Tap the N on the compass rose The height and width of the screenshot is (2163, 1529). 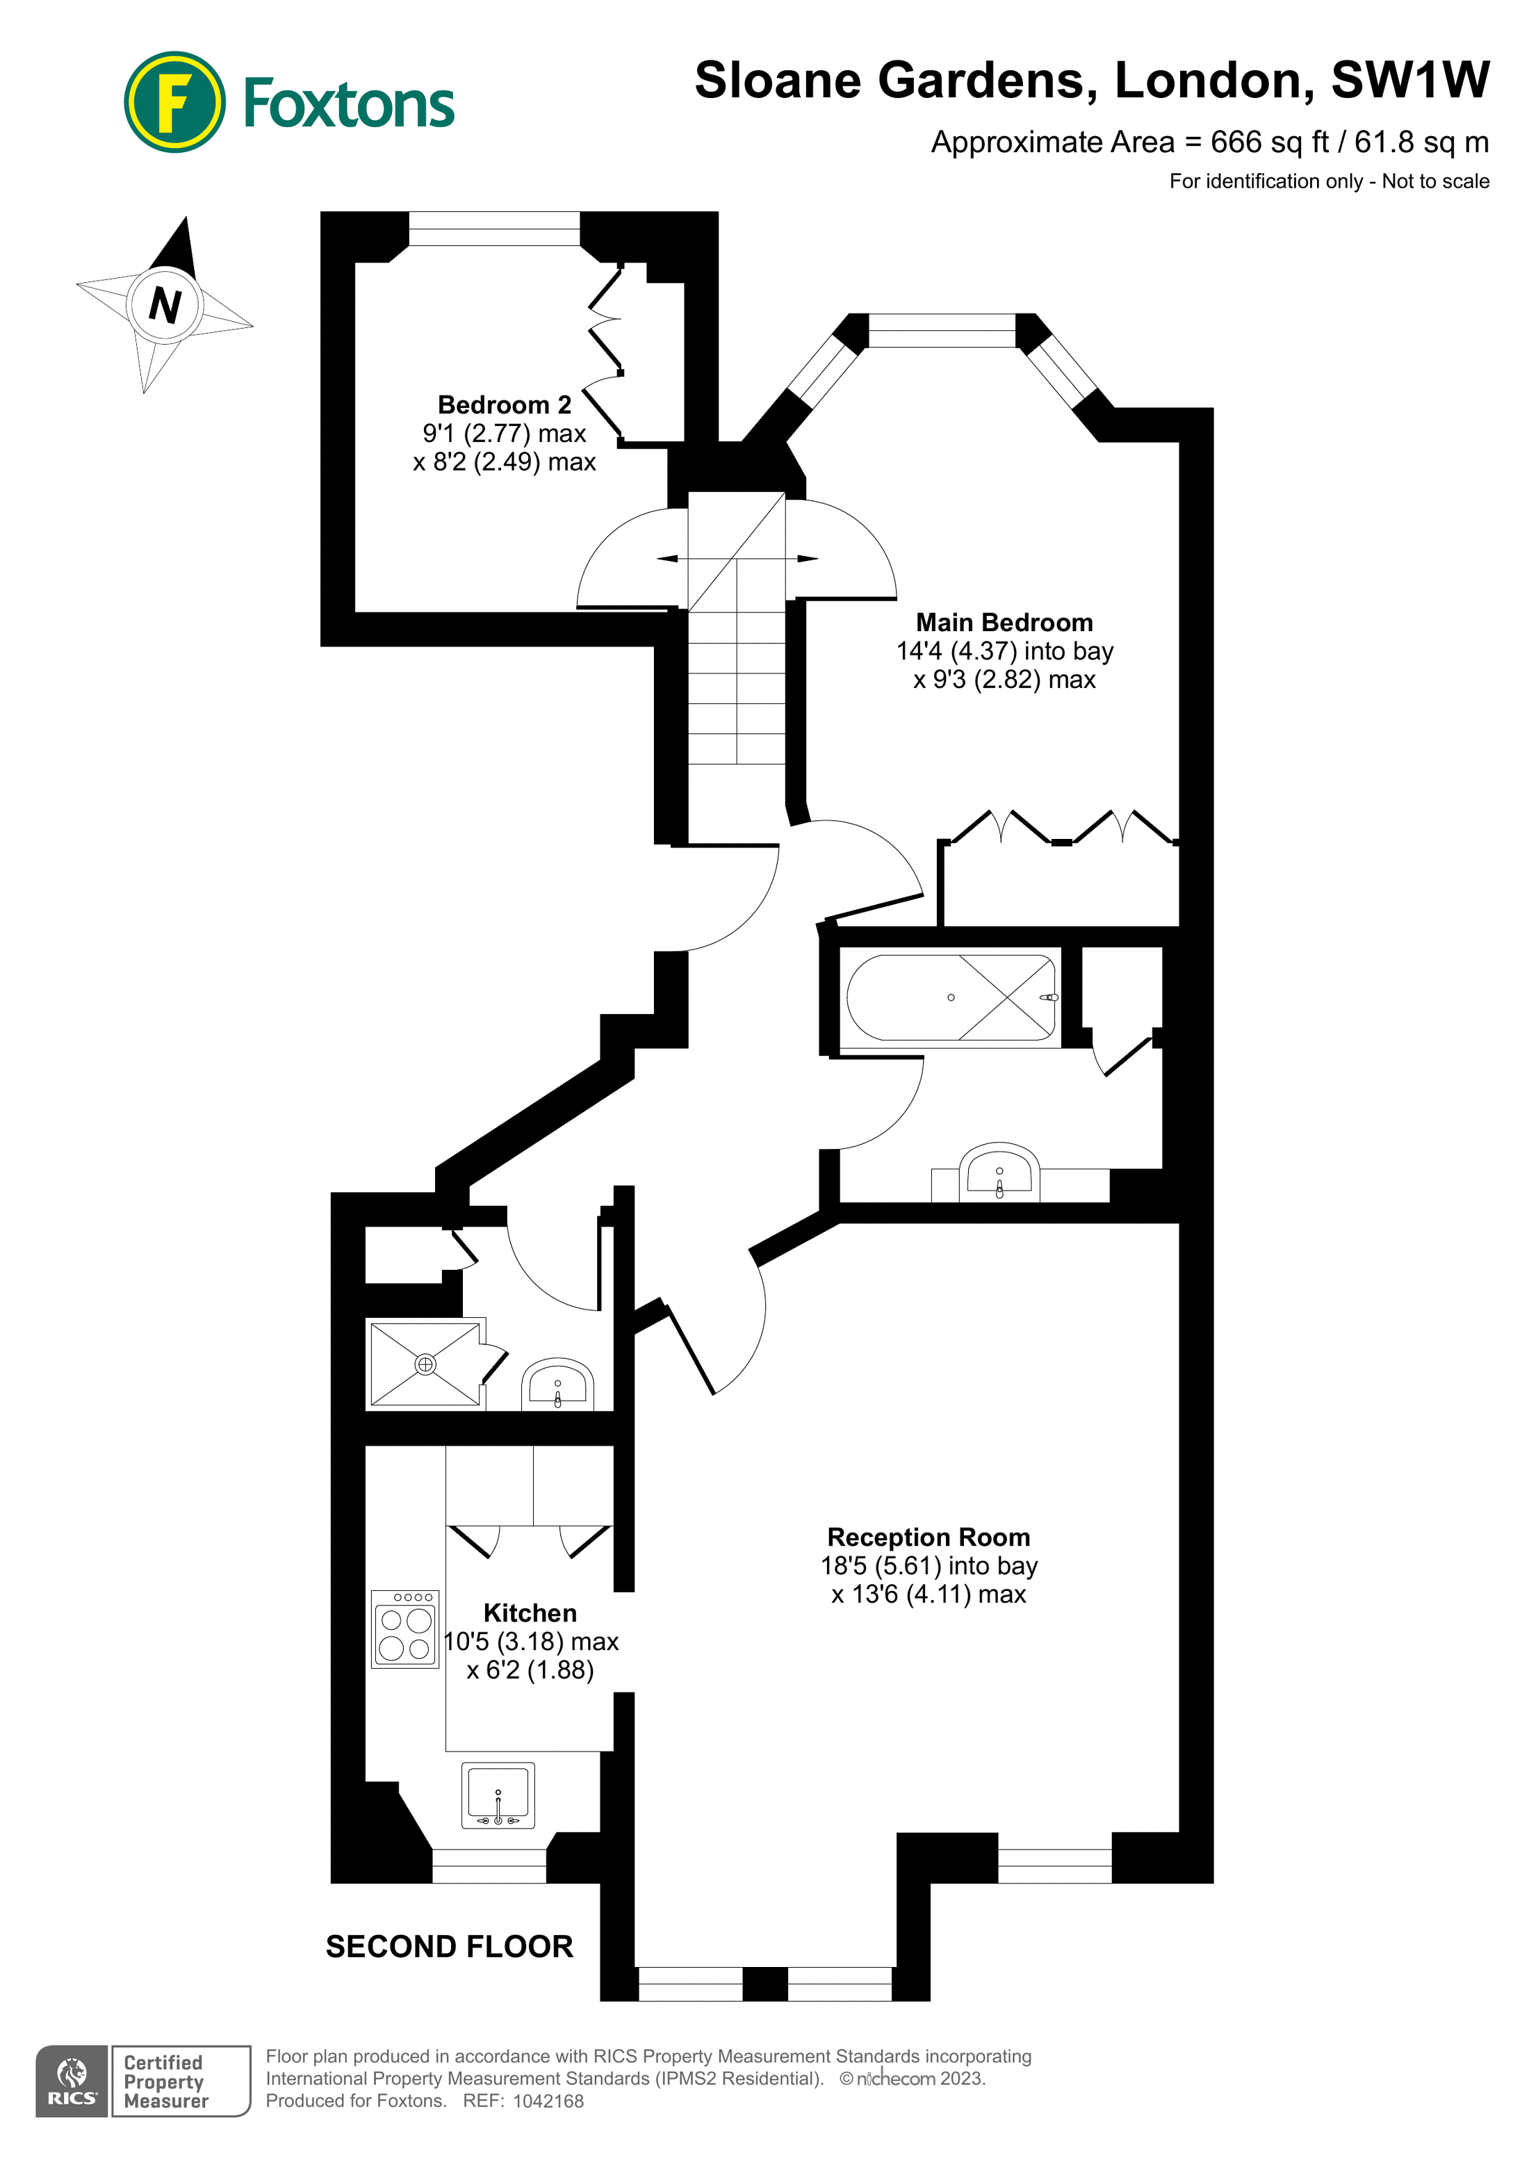(x=165, y=304)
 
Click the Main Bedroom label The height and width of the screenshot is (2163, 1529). (x=1004, y=623)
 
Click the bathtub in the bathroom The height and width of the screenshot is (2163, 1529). (x=951, y=997)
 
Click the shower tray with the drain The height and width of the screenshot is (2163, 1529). (x=426, y=1364)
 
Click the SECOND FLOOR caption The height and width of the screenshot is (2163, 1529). (x=450, y=1946)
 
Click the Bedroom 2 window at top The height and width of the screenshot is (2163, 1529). (x=495, y=228)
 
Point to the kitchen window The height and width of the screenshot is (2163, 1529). (x=489, y=1866)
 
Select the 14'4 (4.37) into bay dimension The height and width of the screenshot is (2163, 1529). (x=1004, y=651)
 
